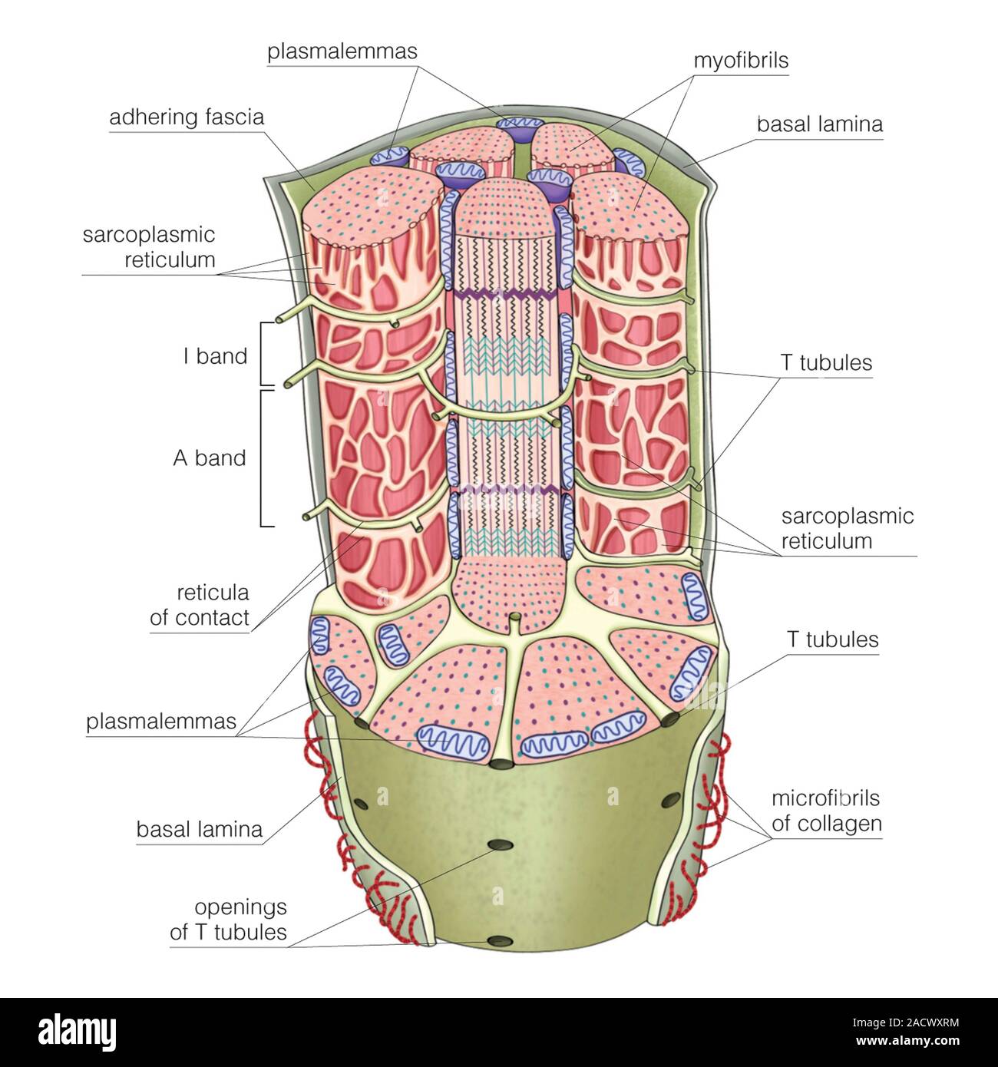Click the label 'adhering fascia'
coord(187,117)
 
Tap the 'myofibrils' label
coord(741,60)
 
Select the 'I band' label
coord(215,355)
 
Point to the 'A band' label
coord(210,458)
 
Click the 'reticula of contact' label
coord(200,605)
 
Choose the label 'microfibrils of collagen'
coord(827,810)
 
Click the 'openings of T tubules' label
coord(229,920)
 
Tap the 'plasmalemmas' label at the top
coord(342,51)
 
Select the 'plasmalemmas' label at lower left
coord(161,721)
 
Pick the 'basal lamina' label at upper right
coord(820,124)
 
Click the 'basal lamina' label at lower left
coord(200,829)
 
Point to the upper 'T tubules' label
coord(826,362)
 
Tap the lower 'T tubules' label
coord(832,639)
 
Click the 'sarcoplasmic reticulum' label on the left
coord(149,247)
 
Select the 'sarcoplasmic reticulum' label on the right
coord(848,528)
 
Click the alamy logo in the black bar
coord(78,1033)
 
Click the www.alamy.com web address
coord(907,1042)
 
